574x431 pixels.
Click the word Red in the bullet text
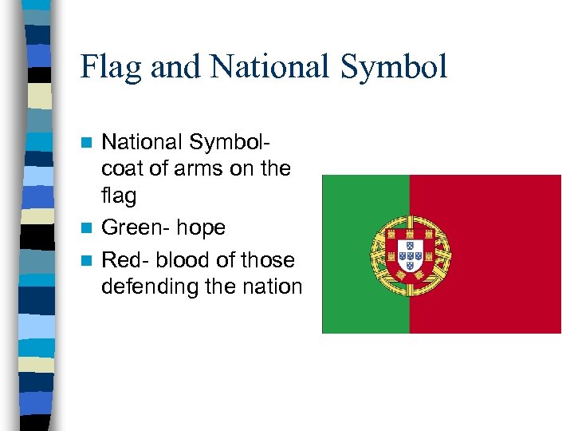(x=120, y=260)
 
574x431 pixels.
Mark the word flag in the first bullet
(x=119, y=196)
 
